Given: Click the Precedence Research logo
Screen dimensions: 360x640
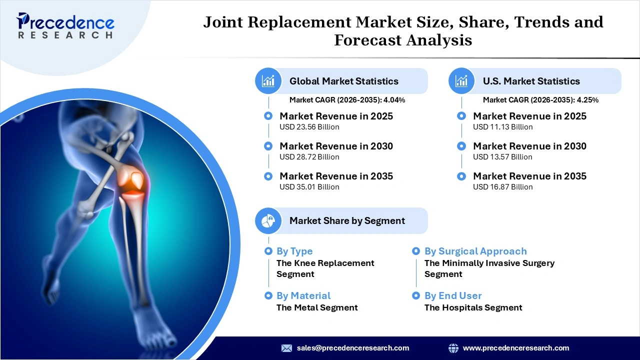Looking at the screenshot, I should point(65,25).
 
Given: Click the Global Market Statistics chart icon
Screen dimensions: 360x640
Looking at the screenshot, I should point(268,81).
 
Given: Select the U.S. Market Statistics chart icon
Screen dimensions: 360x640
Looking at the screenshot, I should point(462,81).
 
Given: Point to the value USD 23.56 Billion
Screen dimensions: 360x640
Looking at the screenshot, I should point(309,127).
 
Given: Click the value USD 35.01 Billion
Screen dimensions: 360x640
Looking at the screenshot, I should point(309,187).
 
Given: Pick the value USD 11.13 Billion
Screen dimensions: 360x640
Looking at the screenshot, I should point(503,127).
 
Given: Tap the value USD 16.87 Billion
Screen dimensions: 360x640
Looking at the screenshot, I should point(503,187).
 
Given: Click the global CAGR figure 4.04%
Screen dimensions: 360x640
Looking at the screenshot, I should point(394,100).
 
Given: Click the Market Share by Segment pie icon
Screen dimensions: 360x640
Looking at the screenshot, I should point(268,220).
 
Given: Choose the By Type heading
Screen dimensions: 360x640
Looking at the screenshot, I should point(294,251).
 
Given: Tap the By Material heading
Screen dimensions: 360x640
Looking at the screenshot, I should point(303,295).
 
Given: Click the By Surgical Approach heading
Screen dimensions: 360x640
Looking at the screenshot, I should point(475,251).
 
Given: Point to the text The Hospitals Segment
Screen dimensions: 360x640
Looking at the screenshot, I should point(473,307).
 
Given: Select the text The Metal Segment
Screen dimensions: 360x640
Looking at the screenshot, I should point(317,307).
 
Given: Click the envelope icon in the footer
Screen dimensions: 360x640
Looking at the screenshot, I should point(286,348).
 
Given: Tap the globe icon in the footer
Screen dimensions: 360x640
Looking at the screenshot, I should point(453,348).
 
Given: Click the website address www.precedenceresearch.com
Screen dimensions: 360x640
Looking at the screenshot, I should point(516,348).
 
